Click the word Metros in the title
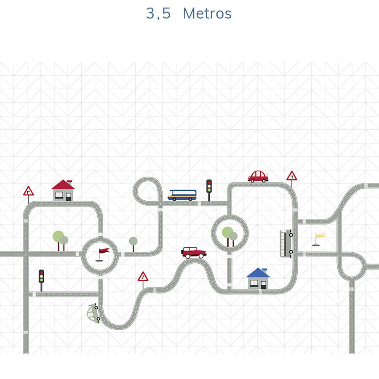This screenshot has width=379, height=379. point(207,13)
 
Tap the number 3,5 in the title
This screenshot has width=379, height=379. point(158,13)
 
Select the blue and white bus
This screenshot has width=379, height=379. point(182,195)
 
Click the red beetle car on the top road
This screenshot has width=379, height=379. point(258,176)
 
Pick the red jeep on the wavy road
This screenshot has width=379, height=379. point(194,252)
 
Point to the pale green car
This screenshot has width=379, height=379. point(93,313)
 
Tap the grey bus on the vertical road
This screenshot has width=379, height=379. point(286,243)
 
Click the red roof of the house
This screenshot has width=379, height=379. point(63,185)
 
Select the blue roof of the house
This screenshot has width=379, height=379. point(258,273)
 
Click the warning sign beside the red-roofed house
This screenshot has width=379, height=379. point(28,192)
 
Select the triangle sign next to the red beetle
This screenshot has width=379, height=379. point(291,176)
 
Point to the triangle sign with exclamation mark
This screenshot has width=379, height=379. point(143,277)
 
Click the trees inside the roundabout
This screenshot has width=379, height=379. point(229,234)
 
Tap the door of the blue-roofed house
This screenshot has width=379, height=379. point(263,284)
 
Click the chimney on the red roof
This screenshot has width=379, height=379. point(69,181)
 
